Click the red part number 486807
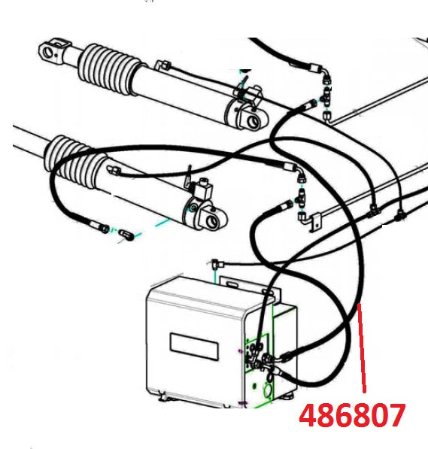pos(352,415)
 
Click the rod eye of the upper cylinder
pos(52,52)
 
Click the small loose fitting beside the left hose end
pos(127,236)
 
